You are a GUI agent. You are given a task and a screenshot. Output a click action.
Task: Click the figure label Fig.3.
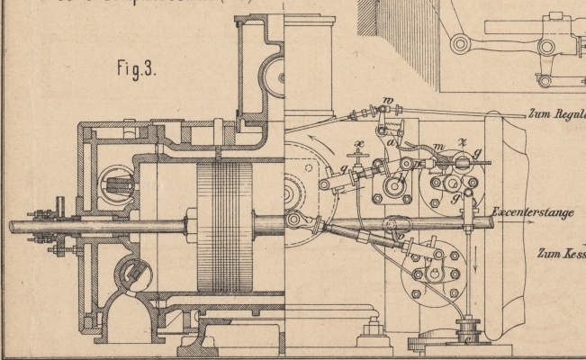point(138,68)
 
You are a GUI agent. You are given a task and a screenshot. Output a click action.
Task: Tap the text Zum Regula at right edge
point(555,115)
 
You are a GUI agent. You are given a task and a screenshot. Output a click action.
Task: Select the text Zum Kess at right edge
point(561,253)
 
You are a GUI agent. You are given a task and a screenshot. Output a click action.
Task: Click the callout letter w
point(388,100)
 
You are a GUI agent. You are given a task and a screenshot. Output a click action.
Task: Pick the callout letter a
point(392,142)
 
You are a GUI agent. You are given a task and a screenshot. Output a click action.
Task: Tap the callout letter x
point(359,144)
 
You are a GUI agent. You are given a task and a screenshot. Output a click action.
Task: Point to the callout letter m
point(438,148)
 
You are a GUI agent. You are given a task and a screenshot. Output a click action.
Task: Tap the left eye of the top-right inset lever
point(461,43)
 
